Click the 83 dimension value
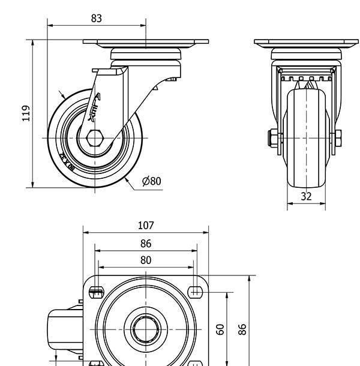coord(97,18)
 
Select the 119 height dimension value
coord(26,113)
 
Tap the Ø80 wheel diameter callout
coord(151,181)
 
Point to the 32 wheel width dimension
coord(306,196)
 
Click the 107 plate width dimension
coord(146,226)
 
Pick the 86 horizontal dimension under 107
coord(146,244)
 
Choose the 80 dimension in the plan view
coord(146,260)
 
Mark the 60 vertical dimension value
coord(220,329)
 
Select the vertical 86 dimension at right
coord(242,329)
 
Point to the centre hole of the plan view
coord(146,329)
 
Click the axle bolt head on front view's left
coord(272,138)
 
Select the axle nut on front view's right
coord(339,138)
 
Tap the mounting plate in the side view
coord(146,44)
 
